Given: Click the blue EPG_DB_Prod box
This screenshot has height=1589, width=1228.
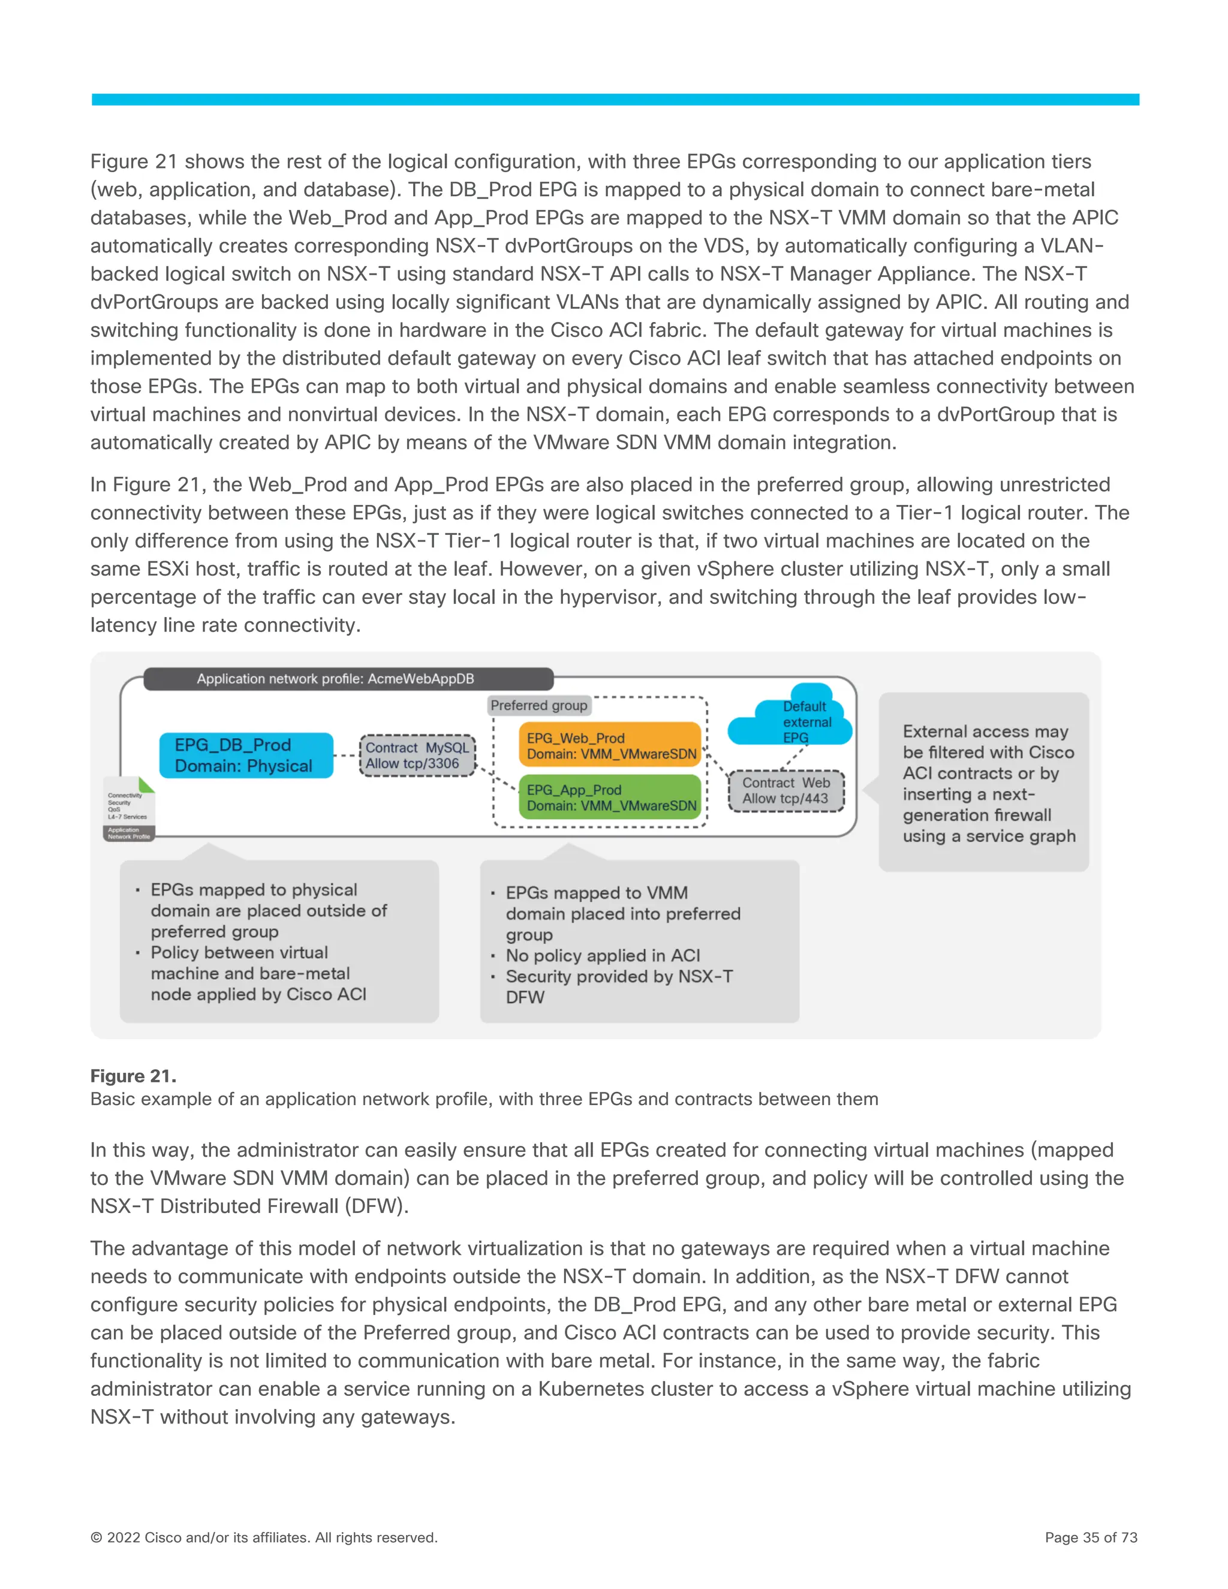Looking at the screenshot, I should (x=246, y=755).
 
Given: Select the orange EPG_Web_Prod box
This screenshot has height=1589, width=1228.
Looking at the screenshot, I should (x=610, y=745).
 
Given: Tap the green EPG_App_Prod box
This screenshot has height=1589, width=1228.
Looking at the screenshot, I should (x=610, y=797).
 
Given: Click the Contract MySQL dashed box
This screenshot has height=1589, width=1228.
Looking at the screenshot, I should (x=417, y=755).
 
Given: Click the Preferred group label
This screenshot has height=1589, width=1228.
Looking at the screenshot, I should (x=538, y=705).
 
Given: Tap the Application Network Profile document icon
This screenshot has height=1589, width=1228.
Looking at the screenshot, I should (x=130, y=809).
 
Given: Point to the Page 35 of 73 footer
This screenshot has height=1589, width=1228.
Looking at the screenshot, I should (x=1091, y=1537).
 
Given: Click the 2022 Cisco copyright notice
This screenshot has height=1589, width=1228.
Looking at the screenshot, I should (x=263, y=1537).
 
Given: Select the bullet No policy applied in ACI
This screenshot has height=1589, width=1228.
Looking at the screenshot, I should (x=603, y=955).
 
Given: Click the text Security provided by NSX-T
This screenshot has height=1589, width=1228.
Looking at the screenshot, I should (x=619, y=976).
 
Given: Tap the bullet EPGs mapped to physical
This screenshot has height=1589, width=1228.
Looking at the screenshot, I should (x=253, y=890).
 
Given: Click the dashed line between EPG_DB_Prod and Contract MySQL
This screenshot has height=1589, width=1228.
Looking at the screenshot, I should (x=347, y=755).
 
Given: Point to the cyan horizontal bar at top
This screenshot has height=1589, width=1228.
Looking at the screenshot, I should (x=615, y=100).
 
